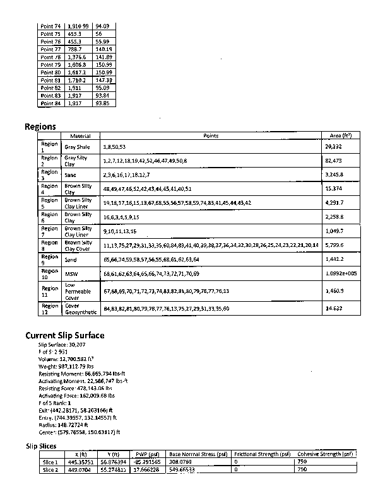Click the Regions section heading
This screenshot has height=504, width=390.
[x=40, y=127]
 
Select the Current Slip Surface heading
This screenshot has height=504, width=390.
[x=65, y=335]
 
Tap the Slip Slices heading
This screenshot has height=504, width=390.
[x=41, y=446]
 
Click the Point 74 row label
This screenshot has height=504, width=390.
[x=50, y=26]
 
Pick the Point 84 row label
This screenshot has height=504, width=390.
[x=50, y=103]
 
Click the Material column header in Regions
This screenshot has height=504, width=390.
[x=80, y=136]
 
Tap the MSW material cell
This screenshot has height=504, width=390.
[x=71, y=274]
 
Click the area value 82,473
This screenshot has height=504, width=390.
[x=334, y=161]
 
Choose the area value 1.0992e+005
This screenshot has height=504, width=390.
[x=340, y=274]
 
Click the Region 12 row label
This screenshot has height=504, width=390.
[x=49, y=309]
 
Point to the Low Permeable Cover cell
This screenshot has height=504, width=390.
[x=78, y=292]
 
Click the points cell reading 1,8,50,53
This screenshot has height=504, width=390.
[x=114, y=147]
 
